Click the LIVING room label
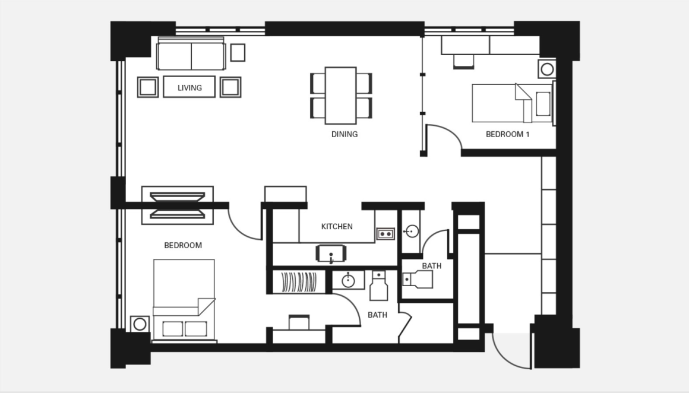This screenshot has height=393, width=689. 190,88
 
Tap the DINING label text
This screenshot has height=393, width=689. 344,134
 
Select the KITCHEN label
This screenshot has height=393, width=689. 337,227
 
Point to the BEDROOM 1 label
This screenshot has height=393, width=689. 507,134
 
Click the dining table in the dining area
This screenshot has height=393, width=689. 340,96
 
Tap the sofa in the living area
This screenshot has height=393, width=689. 191,54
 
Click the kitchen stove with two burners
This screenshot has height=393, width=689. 385,234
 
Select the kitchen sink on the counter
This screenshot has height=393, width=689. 331,254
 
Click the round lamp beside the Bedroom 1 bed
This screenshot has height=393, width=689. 547,69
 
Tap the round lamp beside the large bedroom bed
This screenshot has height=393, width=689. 140,325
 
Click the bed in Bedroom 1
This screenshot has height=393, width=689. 512,103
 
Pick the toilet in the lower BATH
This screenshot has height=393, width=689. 378,286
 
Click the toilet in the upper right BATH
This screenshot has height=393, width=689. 418,279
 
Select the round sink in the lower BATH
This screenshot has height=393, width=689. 348,281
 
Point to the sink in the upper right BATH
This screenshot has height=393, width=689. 411,231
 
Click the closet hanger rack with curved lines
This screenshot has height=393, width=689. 299,282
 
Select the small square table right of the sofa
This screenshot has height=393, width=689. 238,53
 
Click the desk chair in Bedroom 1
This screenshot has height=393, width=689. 463,62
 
